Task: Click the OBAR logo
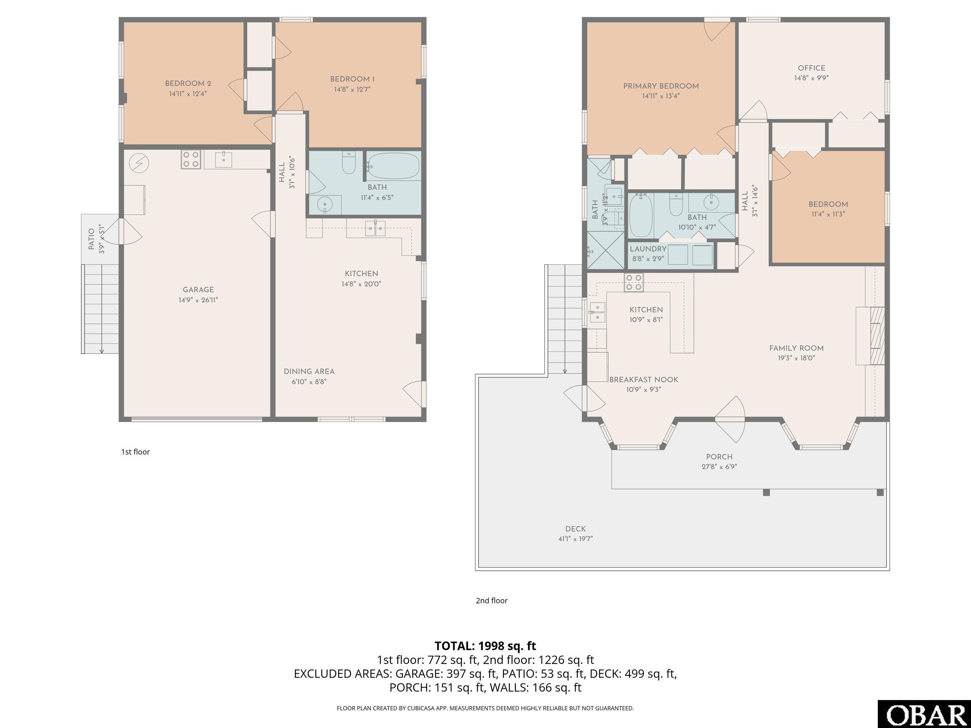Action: pyautogui.click(x=924, y=714)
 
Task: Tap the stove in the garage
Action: pyautogui.click(x=191, y=159)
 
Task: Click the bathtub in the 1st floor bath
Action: pyautogui.click(x=393, y=166)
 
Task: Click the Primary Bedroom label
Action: pyautogui.click(x=661, y=86)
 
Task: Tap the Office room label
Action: pyautogui.click(x=811, y=68)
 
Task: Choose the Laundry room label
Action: pyautogui.click(x=648, y=249)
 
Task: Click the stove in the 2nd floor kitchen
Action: pyautogui.click(x=634, y=282)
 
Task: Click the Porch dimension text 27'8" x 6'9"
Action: pyautogui.click(x=719, y=466)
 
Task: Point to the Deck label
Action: pyautogui.click(x=576, y=529)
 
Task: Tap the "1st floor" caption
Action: pyautogui.click(x=135, y=452)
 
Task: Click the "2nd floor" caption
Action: pyautogui.click(x=492, y=600)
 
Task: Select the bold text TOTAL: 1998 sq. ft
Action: pyautogui.click(x=485, y=646)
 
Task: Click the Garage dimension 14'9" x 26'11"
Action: pyautogui.click(x=198, y=300)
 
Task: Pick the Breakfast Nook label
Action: pyautogui.click(x=644, y=380)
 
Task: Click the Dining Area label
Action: pyautogui.click(x=309, y=371)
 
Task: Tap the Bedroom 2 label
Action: pyautogui.click(x=188, y=83)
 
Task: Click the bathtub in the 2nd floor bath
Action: pyautogui.click(x=641, y=215)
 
